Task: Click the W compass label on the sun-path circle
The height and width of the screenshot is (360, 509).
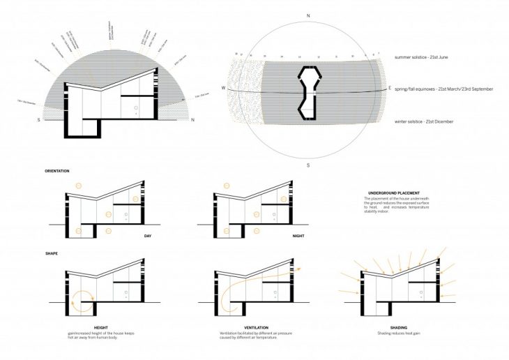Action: pyautogui.click(x=223, y=89)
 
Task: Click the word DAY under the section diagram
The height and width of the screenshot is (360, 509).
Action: pyautogui.click(x=147, y=237)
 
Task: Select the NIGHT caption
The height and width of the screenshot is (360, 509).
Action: pyautogui.click(x=298, y=237)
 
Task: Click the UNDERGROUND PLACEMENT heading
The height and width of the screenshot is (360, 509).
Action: pyautogui.click(x=397, y=193)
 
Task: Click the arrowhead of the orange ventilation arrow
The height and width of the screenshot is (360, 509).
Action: pyautogui.click(x=298, y=267)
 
